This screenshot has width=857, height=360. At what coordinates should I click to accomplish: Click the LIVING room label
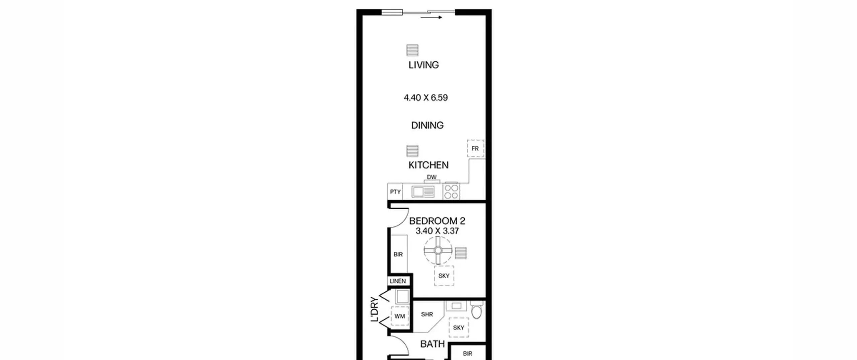click(x=423, y=65)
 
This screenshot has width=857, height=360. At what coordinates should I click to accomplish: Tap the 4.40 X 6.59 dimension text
click(x=426, y=98)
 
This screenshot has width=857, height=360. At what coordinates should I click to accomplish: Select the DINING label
click(x=427, y=125)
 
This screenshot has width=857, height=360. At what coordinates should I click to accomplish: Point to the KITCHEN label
click(x=428, y=165)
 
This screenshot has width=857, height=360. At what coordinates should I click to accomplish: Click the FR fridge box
click(x=475, y=148)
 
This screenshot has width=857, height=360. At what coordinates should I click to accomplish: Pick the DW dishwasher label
click(x=432, y=177)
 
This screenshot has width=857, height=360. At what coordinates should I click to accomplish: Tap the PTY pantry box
click(x=395, y=192)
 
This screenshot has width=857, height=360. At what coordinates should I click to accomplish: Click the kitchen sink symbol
click(x=423, y=192)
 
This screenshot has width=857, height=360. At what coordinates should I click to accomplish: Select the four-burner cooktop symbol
click(x=451, y=192)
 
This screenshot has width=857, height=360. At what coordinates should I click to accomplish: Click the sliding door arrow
click(x=432, y=17)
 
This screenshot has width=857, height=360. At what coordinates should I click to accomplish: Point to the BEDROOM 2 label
click(x=437, y=221)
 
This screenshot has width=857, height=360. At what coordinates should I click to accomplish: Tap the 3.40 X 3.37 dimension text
click(x=437, y=231)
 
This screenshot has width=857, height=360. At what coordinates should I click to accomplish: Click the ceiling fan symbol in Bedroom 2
click(x=438, y=250)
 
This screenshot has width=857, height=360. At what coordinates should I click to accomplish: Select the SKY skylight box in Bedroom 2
click(x=444, y=276)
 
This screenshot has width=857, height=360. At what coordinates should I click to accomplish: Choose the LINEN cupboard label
click(x=398, y=281)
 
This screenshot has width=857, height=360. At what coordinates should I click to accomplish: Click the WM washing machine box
click(x=400, y=316)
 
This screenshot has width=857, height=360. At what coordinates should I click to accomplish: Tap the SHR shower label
click(x=427, y=314)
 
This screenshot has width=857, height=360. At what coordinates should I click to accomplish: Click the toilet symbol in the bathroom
click(x=476, y=310)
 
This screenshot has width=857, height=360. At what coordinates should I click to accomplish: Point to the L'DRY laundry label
click(x=375, y=309)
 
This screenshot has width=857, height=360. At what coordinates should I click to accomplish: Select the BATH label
click(x=433, y=344)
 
